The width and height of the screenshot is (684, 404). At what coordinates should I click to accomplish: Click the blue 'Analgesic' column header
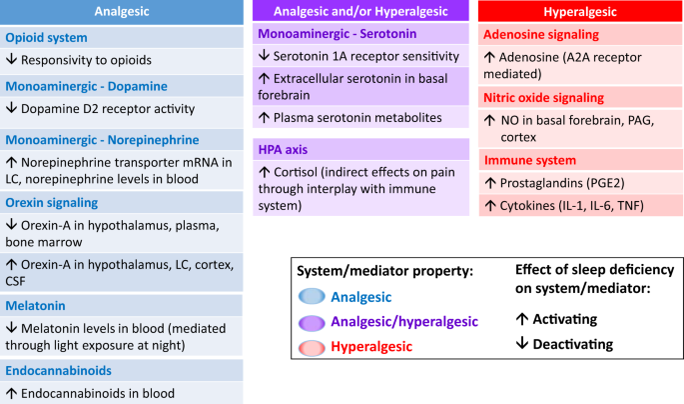tap(122, 11)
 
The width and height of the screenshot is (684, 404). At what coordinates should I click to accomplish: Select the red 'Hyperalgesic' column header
tap(580, 11)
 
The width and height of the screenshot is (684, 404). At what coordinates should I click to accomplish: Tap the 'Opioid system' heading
tap(46, 38)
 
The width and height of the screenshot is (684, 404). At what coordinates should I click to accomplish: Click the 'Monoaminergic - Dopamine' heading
tap(86, 86)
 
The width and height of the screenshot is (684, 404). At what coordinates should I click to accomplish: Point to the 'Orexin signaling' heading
tap(52, 203)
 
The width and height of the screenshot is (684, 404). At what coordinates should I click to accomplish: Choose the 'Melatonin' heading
tap(35, 306)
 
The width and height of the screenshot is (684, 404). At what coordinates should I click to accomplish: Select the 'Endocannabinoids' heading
tap(59, 370)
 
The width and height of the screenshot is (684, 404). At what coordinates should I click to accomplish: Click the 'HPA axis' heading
tap(283, 150)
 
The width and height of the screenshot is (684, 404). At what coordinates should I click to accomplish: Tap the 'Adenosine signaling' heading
tap(541, 35)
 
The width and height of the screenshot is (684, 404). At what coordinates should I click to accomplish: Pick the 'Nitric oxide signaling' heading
tap(543, 98)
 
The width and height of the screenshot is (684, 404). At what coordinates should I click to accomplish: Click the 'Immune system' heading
tap(530, 160)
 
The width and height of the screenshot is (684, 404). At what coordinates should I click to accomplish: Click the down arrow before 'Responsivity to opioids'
tap(11, 59)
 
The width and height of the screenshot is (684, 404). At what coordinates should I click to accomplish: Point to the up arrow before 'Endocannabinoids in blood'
tap(11, 393)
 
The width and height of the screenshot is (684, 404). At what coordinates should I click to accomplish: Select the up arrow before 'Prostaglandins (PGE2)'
tap(490, 183)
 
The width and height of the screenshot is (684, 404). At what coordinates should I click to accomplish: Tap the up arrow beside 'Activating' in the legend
tap(521, 319)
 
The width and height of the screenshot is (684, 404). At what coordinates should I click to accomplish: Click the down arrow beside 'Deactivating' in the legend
tap(521, 343)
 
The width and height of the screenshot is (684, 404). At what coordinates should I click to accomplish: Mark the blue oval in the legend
tap(312, 296)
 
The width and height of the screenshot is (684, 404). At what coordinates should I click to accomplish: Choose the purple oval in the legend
tap(312, 323)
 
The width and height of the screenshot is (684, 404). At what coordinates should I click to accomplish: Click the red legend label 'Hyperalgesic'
tap(371, 346)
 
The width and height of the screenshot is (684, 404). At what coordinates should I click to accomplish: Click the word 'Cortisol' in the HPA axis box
tap(296, 172)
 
